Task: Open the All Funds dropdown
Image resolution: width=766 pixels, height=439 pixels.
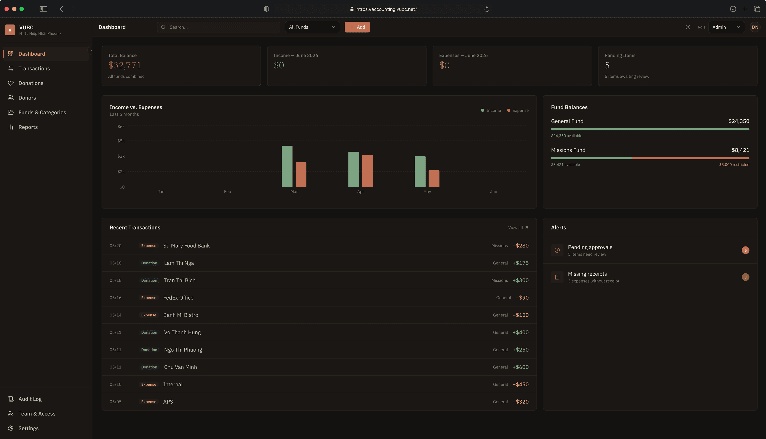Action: [x=312, y=27]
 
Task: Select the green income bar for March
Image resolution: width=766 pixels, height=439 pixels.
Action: [x=287, y=166]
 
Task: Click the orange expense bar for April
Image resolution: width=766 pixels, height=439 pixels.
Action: [x=367, y=171]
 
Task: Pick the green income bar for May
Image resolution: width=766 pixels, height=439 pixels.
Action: [x=420, y=172]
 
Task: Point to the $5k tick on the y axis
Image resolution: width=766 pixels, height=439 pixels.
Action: [x=121, y=141]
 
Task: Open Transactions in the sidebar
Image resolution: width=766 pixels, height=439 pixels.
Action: [x=34, y=69]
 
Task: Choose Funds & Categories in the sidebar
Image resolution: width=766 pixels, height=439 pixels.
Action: [x=42, y=112]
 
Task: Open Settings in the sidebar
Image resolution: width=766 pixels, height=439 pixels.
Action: [x=28, y=428]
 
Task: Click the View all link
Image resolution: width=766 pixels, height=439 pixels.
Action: [x=518, y=228]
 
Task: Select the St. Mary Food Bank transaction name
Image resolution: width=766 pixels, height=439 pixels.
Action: [x=186, y=246]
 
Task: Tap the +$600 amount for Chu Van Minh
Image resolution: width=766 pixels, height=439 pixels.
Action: [x=521, y=367]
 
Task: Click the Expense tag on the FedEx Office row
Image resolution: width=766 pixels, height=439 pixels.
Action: [x=149, y=298]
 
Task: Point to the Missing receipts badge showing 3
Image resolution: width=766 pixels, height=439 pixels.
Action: [x=745, y=277]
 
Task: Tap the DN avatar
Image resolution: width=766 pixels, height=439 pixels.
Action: [x=755, y=27]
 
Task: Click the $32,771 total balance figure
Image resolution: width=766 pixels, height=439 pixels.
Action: [x=125, y=66]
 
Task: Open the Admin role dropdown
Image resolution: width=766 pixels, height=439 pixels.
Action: [x=726, y=27]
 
